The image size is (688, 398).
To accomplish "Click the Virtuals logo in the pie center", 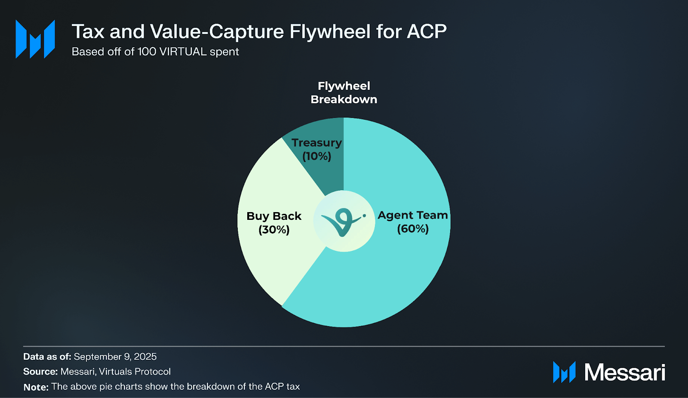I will coord(343,221).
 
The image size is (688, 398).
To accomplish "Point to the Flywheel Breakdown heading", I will coord(344,93).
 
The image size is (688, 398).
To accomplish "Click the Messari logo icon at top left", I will coord(35,39).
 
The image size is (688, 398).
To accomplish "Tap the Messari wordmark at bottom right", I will coord(624,372).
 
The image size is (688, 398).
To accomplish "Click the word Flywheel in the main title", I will coord(330,31).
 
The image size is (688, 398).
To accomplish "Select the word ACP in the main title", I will coord(427,31).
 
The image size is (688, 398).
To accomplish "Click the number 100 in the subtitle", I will coord(147,52).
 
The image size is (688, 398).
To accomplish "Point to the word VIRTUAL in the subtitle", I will coord(183,52).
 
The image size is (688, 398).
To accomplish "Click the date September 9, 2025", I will coord(115,357).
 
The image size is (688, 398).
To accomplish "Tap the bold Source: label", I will coord(40,372).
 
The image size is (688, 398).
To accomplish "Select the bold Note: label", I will coord(36,387).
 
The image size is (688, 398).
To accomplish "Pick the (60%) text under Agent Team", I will coord(413,228).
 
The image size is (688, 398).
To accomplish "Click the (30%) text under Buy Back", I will coord(274,229).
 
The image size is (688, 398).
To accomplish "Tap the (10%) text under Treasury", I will coord(316,156).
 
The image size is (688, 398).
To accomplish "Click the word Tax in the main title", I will coord(88,31).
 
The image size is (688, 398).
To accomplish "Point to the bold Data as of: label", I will coord(47,357).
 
